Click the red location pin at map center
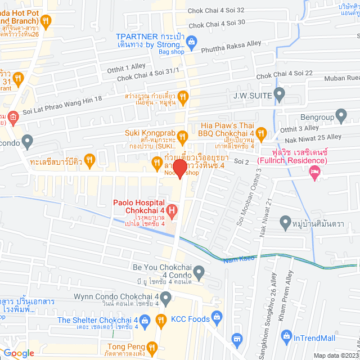pos(179,169)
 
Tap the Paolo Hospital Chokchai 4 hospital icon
pos(172,213)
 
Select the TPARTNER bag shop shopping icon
pos(191,41)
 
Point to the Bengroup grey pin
pos(341,117)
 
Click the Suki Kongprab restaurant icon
pos(182,136)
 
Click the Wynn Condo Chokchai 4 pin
pos(165,296)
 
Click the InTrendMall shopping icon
pos(287,339)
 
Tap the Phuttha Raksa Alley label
pos(237,49)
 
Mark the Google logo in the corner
pos(19,353)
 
